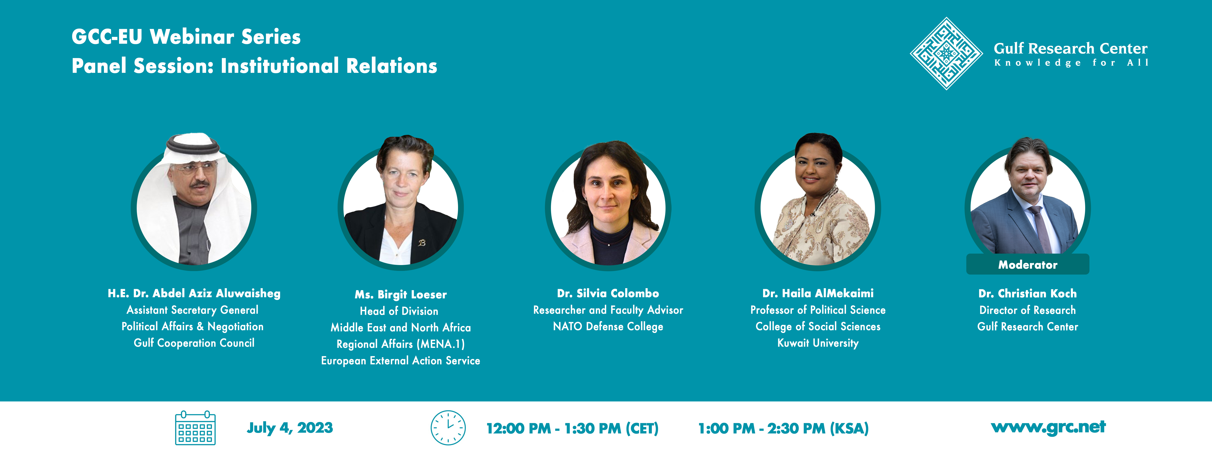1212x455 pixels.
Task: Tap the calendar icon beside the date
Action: tap(195, 428)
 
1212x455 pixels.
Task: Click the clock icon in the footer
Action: tap(448, 428)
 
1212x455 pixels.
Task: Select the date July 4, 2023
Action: tap(290, 428)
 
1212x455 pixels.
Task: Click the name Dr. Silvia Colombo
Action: tap(608, 293)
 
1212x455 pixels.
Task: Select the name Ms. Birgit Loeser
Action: tap(400, 295)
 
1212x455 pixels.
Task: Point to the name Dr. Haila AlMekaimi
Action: tap(818, 293)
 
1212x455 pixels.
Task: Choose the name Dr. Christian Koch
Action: tap(1028, 293)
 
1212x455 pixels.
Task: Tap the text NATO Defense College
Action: tap(608, 327)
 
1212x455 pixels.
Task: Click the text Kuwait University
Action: tap(818, 343)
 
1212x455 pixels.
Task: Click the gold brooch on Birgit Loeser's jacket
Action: tap(422, 243)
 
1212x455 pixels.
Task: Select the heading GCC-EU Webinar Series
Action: tap(186, 37)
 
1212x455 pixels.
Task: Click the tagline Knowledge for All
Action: tap(1071, 63)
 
